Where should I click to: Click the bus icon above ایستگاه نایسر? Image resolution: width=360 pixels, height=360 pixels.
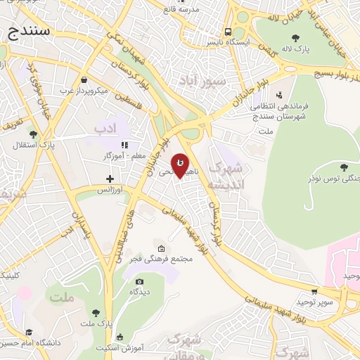tap(227, 32)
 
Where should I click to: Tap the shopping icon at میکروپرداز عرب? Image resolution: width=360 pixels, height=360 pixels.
tap(84, 79)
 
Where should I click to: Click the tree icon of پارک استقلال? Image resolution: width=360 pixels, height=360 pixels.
tap(32, 134)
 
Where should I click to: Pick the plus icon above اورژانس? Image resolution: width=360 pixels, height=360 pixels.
tap(110, 179)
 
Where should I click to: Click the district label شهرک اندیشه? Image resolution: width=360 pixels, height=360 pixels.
tap(231, 176)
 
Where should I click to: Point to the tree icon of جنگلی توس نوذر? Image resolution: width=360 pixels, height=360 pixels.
tap(343, 167)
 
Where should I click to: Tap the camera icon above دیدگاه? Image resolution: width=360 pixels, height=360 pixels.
tap(139, 281)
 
